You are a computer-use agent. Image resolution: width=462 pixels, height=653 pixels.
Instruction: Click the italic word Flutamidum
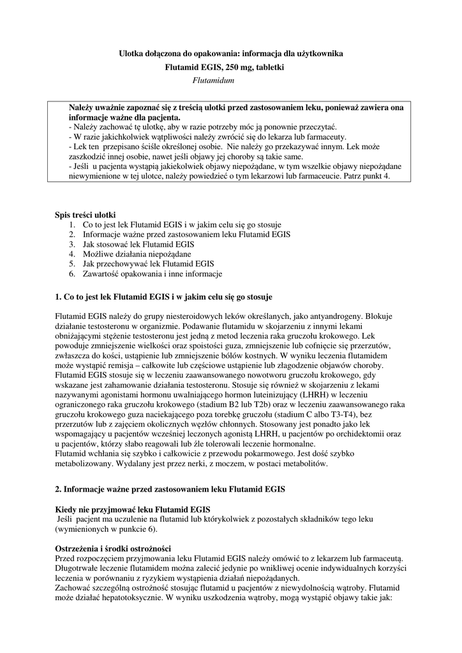[214, 80]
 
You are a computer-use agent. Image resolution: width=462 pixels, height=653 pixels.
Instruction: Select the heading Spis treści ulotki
[86, 215]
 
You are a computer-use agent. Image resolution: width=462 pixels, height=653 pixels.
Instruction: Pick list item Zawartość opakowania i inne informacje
[152, 274]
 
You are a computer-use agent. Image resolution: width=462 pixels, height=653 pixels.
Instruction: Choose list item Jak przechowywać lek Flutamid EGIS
[148, 263]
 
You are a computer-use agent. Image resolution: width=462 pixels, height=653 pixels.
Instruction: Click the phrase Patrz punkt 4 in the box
[373, 175]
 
